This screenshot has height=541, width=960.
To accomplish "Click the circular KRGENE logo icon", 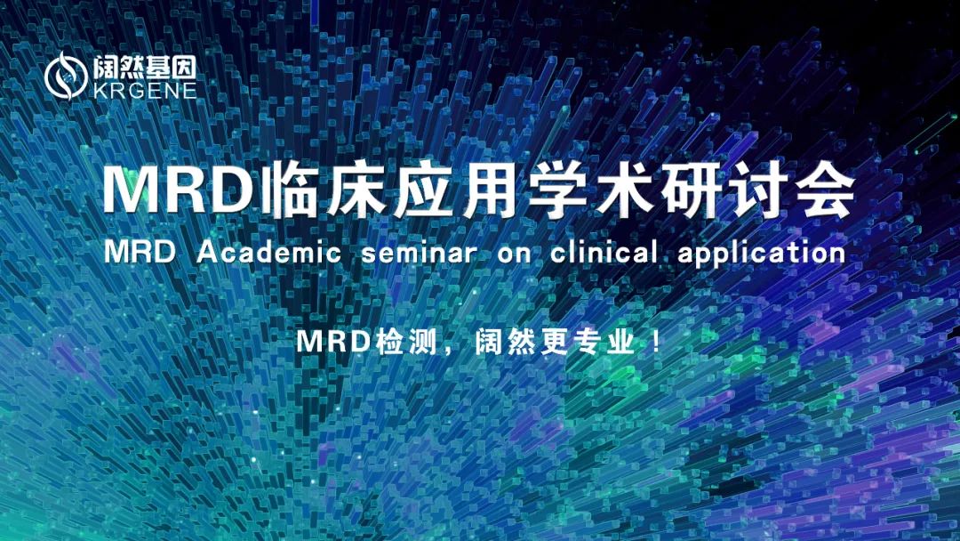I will coord(66,75).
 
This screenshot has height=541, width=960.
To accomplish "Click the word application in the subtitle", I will coord(761,253).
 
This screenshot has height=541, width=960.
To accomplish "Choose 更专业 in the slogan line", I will coord(582,343).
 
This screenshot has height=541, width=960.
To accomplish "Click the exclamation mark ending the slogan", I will coord(657,343).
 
